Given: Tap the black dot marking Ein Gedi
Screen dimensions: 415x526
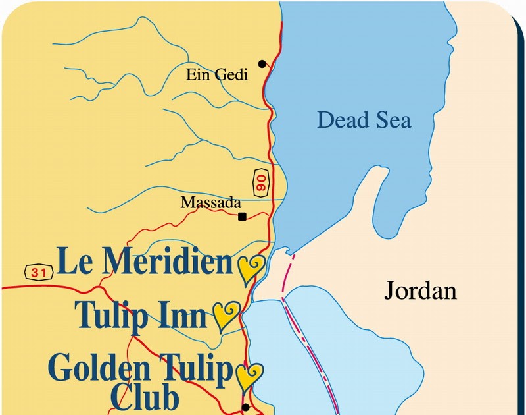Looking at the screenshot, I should click(262, 64).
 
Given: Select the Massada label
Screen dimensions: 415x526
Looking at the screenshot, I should click(211, 203).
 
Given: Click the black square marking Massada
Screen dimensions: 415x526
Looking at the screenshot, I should click(242, 217).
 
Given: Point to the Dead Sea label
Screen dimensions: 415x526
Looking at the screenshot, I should click(364, 120).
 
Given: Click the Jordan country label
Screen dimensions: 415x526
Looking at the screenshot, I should click(420, 290).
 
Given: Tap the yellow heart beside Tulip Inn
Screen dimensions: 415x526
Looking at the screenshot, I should click(227, 315).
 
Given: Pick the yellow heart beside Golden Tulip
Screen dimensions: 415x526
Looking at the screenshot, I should click(249, 376).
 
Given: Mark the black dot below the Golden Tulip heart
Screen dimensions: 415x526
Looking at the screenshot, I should click(246, 407).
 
